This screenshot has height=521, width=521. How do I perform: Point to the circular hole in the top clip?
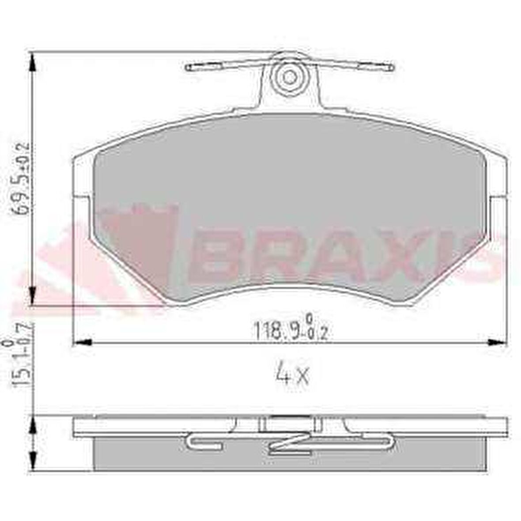pyautogui.click(x=290, y=77)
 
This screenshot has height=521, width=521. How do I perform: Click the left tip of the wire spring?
pyautogui.click(x=188, y=68)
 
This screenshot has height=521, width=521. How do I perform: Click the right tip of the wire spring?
pyautogui.click(x=390, y=68)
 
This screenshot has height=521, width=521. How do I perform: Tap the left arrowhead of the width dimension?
pyautogui.click(x=82, y=342)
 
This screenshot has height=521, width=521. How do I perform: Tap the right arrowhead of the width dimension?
pyautogui.click(x=497, y=342)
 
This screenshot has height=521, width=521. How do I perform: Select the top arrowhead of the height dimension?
pyautogui.click(x=32, y=64)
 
